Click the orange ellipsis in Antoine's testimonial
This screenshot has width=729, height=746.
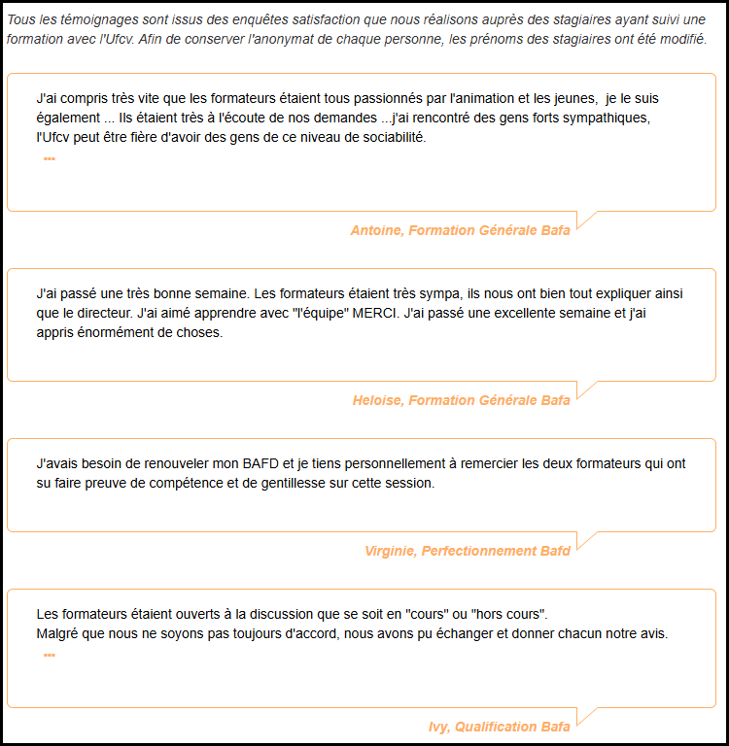(x=50, y=158)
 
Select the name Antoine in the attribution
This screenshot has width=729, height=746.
(x=375, y=230)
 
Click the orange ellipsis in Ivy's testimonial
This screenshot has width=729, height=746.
(x=50, y=655)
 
